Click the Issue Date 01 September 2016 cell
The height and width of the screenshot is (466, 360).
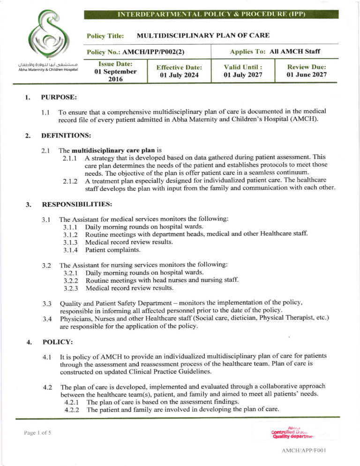click(115, 71)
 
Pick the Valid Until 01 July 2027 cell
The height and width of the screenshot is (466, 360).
click(242, 71)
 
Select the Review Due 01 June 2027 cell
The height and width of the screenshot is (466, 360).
click(307, 71)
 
